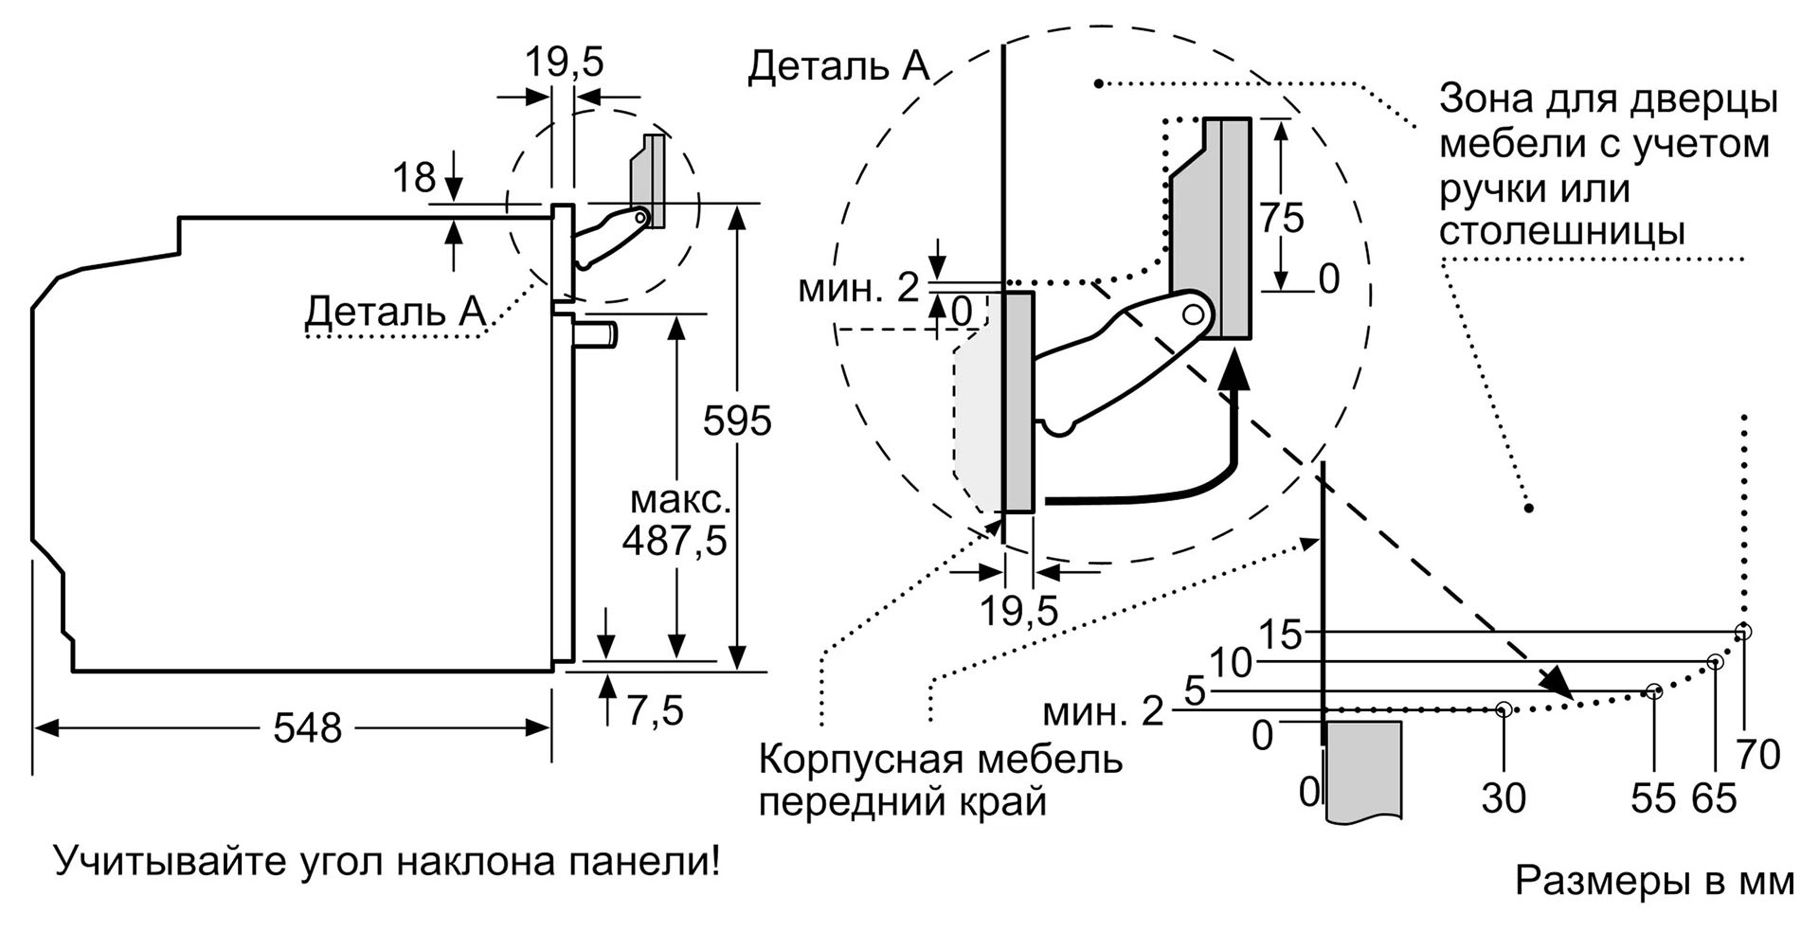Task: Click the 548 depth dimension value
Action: (307, 727)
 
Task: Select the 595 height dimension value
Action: (737, 421)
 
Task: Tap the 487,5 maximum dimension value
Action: (675, 540)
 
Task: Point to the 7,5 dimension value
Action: (655, 709)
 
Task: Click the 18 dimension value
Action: (414, 177)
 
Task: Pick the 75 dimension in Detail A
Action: (1282, 219)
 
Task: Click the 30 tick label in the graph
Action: (1504, 798)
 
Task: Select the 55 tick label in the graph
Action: (1653, 798)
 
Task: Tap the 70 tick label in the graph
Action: (1758, 755)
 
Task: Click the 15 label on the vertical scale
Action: (1282, 634)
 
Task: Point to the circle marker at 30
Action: (1504, 709)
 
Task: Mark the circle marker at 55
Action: (1654, 691)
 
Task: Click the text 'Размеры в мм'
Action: (1654, 880)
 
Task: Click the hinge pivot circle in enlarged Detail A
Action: (1197, 312)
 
